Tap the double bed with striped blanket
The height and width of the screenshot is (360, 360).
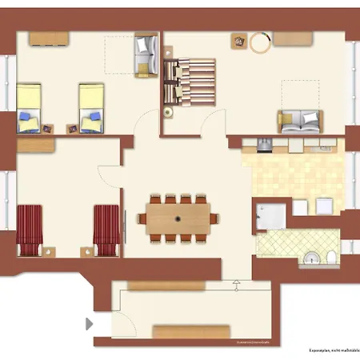click(190, 82)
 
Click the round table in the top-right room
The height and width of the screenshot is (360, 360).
click(261, 42)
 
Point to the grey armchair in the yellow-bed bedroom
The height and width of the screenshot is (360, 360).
click(145, 56)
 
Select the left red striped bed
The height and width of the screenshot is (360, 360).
click(30, 229)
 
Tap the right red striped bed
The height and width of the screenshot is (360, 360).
click(106, 229)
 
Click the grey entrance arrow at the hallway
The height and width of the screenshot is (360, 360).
click(88, 324)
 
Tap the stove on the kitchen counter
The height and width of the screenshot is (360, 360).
click(263, 144)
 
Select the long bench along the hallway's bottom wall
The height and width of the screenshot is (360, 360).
click(193, 331)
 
